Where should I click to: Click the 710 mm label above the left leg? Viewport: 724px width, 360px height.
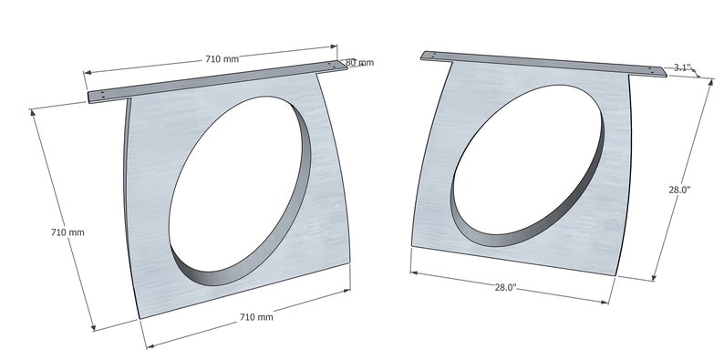(x=222, y=58)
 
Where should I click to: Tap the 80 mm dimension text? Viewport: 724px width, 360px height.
(x=360, y=63)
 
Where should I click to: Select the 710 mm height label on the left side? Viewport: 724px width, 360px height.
(x=67, y=232)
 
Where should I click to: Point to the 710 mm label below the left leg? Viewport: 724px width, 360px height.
(x=256, y=317)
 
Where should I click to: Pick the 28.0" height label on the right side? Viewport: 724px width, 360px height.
(x=679, y=190)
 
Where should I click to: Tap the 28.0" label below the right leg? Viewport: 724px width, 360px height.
(x=506, y=287)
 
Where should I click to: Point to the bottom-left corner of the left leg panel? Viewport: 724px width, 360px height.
(x=140, y=319)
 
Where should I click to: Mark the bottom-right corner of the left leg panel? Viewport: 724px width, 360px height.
(x=350, y=262)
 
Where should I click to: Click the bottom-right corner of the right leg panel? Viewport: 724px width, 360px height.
(x=621, y=271)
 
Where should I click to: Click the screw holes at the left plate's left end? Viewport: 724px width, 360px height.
(x=105, y=95)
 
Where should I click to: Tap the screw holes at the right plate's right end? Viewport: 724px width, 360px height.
(x=655, y=70)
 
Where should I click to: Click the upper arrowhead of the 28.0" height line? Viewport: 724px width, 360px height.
(x=708, y=80)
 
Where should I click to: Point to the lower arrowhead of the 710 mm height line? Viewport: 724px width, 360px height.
(x=93, y=328)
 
